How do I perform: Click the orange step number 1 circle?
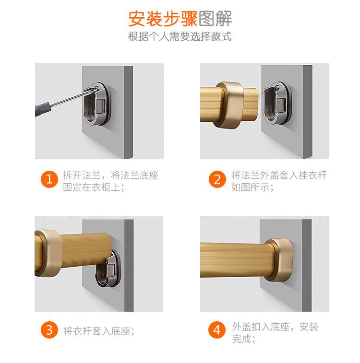49,179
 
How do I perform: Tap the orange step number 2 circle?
217,179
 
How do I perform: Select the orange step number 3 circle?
49,329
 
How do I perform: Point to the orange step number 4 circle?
217,329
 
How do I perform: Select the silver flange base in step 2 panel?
277,103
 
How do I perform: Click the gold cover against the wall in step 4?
279,259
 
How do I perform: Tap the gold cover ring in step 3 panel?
48,253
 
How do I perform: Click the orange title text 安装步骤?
163,19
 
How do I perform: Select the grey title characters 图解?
215,19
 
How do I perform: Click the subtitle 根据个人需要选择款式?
180,36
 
